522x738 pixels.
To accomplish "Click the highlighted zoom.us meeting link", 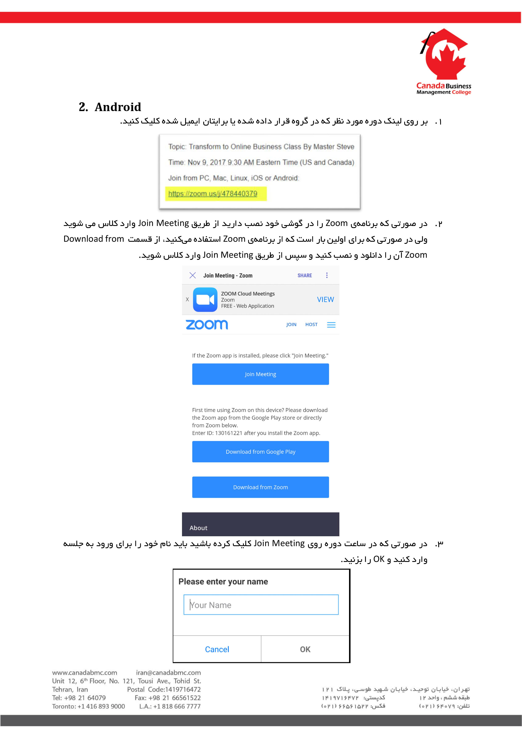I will click(x=213, y=194).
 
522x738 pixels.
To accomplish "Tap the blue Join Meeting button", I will click(x=260, y=374).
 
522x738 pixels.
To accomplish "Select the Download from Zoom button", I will click(x=260, y=487).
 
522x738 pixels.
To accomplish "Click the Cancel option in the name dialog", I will click(x=217, y=649).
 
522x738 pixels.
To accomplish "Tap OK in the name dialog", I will click(x=305, y=649).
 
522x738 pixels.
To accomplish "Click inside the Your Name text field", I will click(x=261, y=605).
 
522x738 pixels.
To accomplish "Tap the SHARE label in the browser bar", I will click(x=304, y=275).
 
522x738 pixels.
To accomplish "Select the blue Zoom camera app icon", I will click(x=205, y=300).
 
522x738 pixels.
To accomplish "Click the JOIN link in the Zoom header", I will click(x=291, y=325).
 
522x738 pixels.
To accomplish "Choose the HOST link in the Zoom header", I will click(x=311, y=325).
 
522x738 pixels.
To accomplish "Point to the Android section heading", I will click(x=110, y=107).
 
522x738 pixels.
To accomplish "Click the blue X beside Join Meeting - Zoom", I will click(x=193, y=275).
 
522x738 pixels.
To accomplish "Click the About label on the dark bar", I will click(x=198, y=528).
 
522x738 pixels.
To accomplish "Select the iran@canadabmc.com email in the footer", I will click(x=169, y=672).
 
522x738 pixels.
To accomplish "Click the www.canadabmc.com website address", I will click(x=85, y=672).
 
